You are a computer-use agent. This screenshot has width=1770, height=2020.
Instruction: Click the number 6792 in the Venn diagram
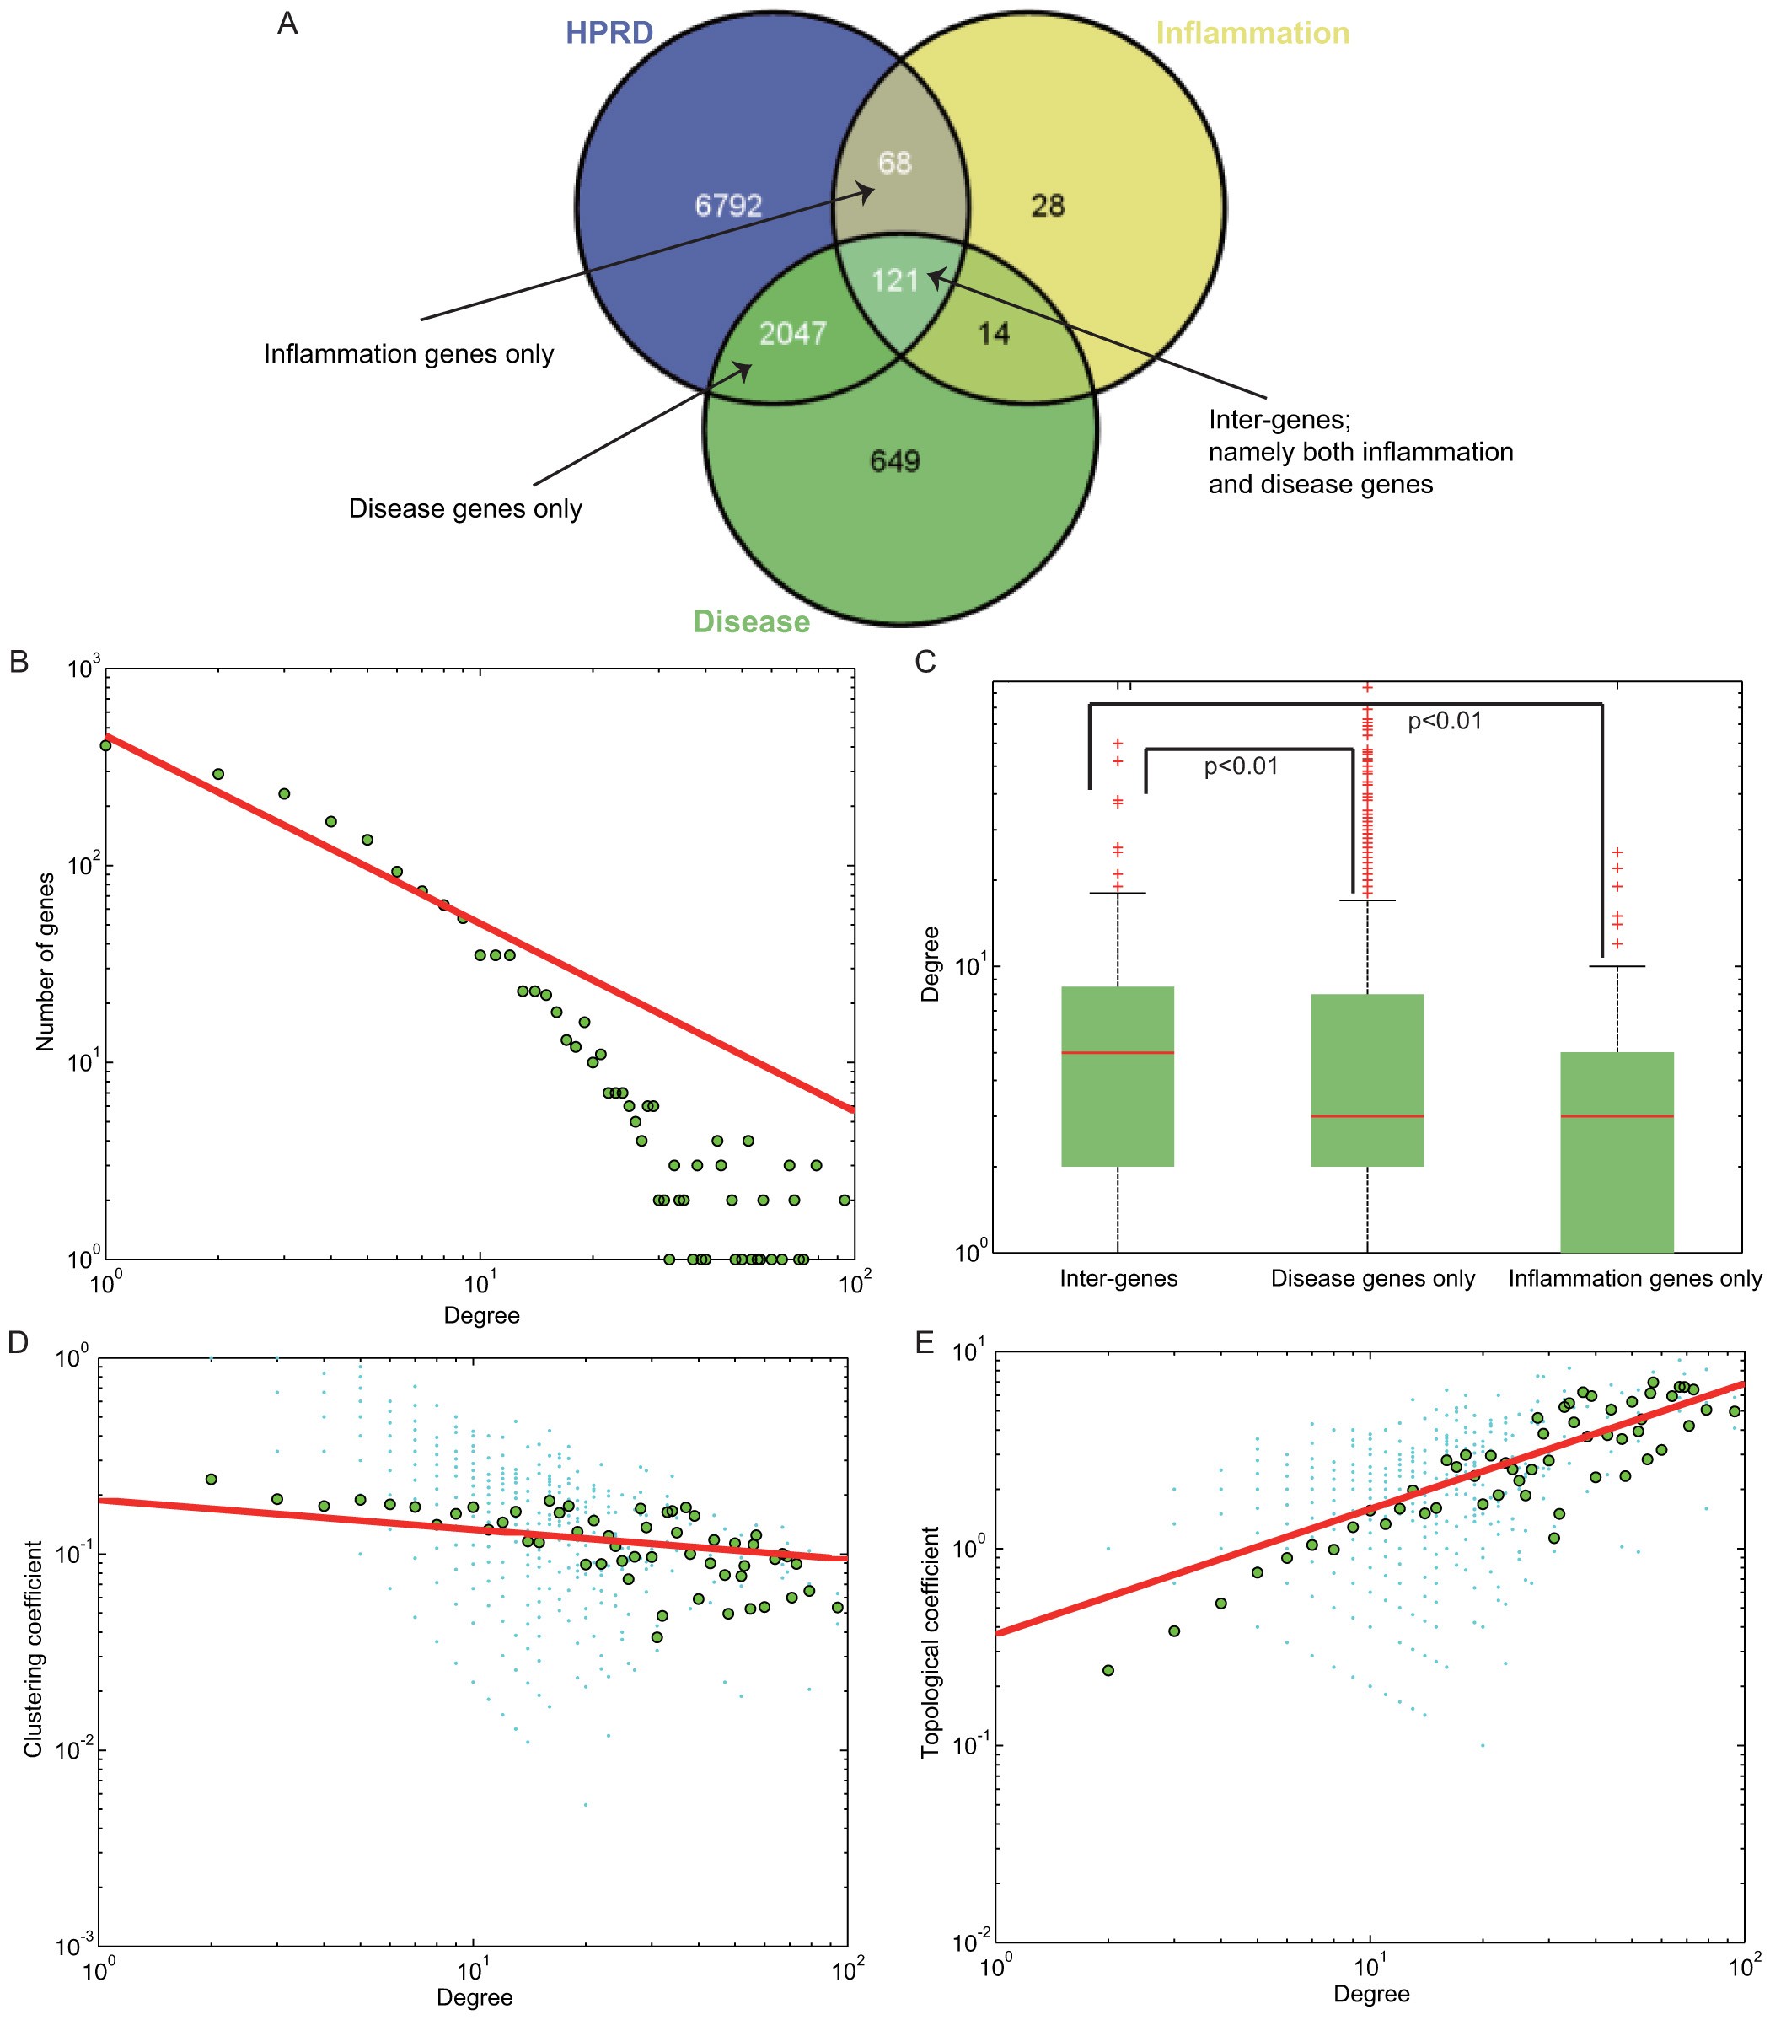click(x=728, y=206)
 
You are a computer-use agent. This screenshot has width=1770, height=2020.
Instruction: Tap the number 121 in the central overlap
click(x=895, y=282)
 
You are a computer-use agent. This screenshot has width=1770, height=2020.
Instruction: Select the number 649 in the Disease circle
click(x=895, y=461)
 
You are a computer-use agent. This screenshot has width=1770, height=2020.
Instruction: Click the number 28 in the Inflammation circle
click(x=1048, y=206)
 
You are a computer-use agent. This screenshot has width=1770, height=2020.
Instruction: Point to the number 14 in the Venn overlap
click(x=994, y=334)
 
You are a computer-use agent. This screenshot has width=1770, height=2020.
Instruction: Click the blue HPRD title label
click(x=609, y=33)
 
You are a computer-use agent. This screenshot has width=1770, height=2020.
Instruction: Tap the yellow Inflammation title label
click(x=1252, y=33)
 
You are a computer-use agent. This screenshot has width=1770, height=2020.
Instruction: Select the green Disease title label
click(x=751, y=621)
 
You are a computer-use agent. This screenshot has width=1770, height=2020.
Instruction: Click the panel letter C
click(x=925, y=662)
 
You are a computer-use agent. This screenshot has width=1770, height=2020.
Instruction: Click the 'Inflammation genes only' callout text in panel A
click(x=408, y=353)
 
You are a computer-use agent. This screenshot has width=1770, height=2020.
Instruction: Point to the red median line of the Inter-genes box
click(x=1117, y=1053)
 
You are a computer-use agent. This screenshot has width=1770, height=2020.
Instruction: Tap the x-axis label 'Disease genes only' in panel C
click(x=1372, y=1278)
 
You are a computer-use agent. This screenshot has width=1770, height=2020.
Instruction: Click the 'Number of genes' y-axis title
click(x=46, y=960)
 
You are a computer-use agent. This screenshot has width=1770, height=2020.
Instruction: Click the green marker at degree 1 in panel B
click(x=105, y=744)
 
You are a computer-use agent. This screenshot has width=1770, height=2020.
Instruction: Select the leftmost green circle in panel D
click(x=211, y=1479)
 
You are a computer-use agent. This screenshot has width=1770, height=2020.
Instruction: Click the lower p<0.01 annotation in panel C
click(x=1241, y=766)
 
